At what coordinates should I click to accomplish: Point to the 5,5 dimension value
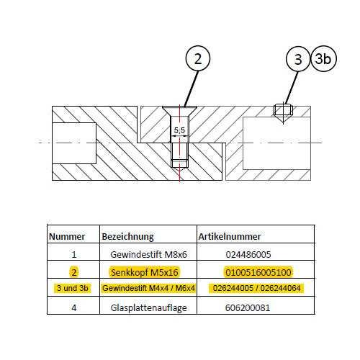(x=179, y=130)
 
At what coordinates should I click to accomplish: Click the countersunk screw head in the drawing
(x=179, y=111)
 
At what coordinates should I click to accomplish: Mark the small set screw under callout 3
(x=283, y=110)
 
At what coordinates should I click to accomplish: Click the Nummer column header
(x=67, y=237)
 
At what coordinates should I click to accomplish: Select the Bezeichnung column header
(x=127, y=237)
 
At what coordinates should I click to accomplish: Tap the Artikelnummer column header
(x=230, y=237)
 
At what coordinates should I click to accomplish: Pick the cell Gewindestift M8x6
(x=148, y=254)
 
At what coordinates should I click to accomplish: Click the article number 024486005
(x=248, y=254)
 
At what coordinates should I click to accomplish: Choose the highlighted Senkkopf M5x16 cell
(x=145, y=272)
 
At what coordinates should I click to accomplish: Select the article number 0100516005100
(x=258, y=272)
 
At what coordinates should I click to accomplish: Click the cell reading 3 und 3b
(x=73, y=288)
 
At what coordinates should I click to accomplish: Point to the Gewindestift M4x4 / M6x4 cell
(x=148, y=288)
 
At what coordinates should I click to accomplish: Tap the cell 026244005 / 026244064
(x=256, y=288)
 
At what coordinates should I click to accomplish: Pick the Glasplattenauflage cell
(x=148, y=308)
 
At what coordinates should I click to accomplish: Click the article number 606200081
(x=248, y=307)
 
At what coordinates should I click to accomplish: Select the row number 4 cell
(x=74, y=307)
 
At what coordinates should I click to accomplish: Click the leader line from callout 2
(x=191, y=89)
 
